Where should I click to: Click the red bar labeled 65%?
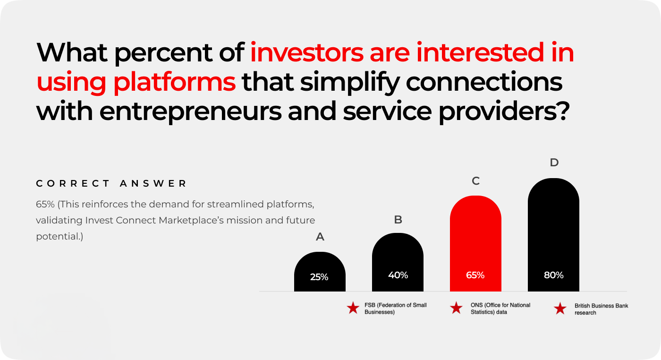point(475,243)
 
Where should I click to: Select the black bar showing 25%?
point(320,272)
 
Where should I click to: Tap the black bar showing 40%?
point(398,262)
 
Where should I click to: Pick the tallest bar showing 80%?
point(553,235)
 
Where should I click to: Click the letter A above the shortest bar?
point(320,237)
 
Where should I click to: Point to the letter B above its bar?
point(398,219)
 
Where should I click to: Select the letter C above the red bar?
point(475,181)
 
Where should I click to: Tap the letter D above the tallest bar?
point(554,162)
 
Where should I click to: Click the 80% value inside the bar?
point(553,275)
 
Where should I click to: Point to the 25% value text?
point(319,277)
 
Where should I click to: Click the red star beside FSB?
point(353,308)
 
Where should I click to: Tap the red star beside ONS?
point(456,308)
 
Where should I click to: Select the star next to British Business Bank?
point(560,309)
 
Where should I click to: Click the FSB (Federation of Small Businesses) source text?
point(396,309)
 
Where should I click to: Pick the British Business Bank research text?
point(601,309)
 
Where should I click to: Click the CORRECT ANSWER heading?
point(111,183)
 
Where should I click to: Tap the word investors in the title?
point(306,52)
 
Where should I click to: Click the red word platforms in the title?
point(174,82)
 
